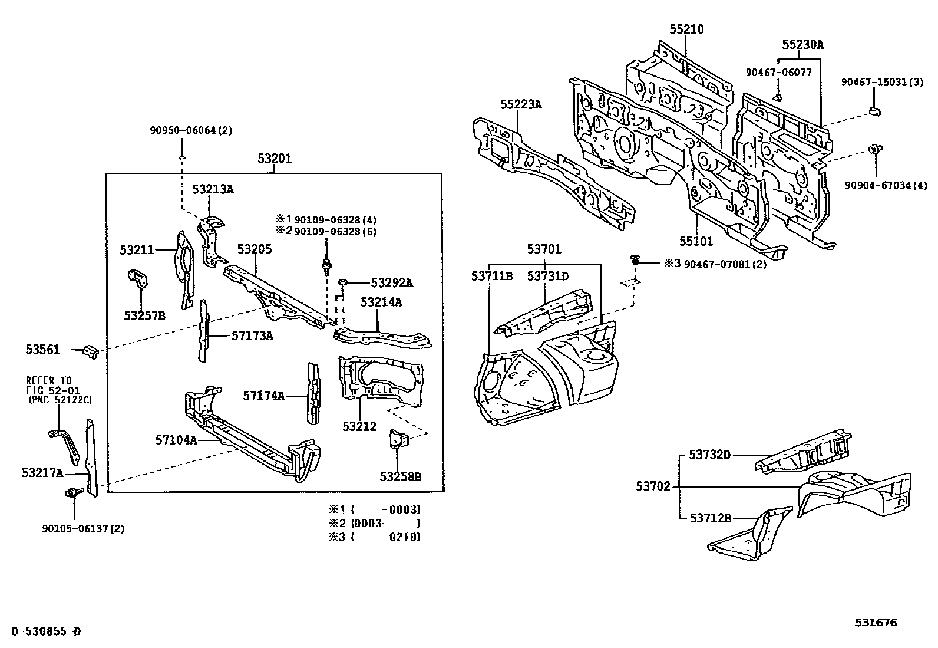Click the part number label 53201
coord(275,159)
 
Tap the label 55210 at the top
coord(686,29)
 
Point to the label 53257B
coord(144,315)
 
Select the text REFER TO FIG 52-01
coord(49,385)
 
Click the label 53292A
coord(392,284)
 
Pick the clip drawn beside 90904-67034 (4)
coord(875,150)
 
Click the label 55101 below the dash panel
coord(696,241)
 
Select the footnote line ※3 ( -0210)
coord(375,537)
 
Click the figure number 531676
coord(876,623)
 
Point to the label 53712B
coord(710,518)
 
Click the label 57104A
coord(177,440)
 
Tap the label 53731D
coord(547,276)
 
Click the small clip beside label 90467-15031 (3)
coord(874,111)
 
